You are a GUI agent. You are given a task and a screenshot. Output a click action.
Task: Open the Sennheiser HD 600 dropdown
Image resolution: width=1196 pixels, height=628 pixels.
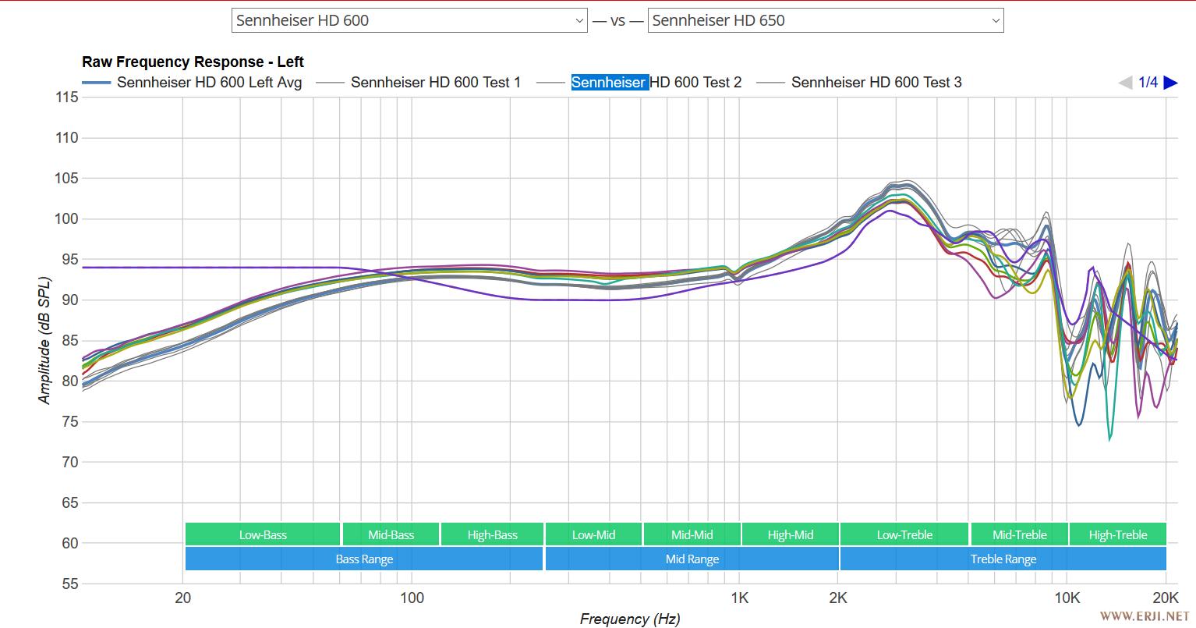click(409, 20)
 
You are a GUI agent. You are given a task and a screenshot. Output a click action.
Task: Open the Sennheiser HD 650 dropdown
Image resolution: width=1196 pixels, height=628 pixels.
click(825, 20)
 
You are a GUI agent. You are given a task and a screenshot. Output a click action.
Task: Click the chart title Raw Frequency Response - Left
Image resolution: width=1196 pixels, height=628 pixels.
click(193, 62)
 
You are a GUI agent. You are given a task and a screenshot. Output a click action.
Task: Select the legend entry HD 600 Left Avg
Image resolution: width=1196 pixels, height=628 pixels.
click(209, 82)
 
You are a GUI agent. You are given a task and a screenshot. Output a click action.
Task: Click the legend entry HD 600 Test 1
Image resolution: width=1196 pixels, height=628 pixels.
click(435, 82)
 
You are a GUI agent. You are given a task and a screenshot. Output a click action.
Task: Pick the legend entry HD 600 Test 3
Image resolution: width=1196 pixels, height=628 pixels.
click(876, 82)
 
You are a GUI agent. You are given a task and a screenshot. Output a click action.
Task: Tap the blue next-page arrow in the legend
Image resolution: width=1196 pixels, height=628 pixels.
click(1170, 82)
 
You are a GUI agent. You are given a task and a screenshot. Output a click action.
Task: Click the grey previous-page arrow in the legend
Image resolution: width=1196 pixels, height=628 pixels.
click(1125, 82)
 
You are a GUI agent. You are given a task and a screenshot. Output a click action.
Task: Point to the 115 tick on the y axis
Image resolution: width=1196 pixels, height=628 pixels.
click(67, 98)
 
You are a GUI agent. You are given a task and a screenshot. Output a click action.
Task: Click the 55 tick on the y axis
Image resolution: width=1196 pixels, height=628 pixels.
click(70, 584)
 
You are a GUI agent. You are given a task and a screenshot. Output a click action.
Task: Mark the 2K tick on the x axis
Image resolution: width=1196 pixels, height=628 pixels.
click(838, 598)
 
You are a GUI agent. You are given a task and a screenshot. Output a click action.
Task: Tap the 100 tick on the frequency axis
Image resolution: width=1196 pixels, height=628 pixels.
click(412, 598)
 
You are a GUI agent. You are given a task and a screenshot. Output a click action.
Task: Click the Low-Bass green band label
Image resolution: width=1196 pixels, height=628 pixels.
click(263, 534)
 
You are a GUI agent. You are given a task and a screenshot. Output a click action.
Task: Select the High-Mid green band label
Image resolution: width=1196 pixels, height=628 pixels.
click(790, 534)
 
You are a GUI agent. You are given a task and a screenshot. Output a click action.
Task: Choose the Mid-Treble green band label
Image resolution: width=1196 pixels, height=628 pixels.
click(1019, 534)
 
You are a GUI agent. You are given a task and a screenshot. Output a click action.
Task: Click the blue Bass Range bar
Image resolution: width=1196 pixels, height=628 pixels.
click(364, 559)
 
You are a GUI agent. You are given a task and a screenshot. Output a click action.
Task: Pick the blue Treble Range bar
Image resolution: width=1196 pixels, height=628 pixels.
click(1003, 559)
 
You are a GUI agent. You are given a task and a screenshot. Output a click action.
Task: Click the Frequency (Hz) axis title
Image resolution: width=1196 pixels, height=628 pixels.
click(629, 619)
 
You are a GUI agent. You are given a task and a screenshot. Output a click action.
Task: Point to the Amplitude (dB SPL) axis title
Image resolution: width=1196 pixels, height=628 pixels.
click(44, 340)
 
